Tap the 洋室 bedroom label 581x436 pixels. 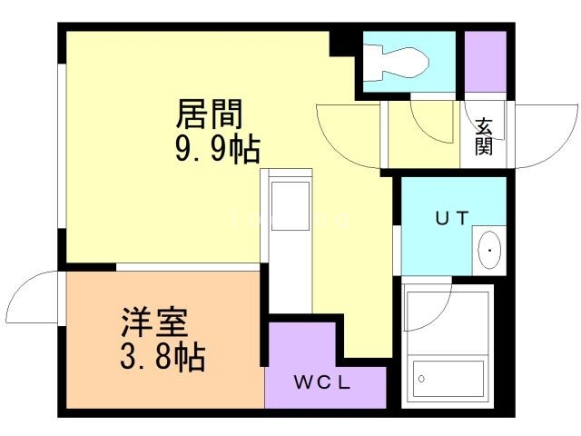click(154, 324)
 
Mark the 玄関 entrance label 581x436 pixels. click(483, 135)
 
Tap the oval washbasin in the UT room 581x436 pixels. click(488, 247)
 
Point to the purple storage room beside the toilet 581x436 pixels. click(485, 62)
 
